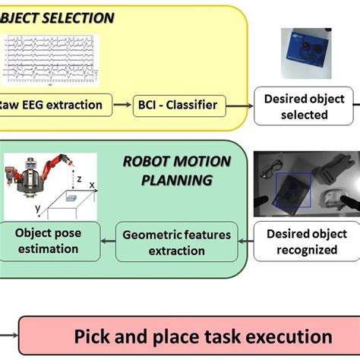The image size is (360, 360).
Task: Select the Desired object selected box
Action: pyautogui.click(x=304, y=107)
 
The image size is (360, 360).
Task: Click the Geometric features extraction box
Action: pyautogui.click(x=176, y=242)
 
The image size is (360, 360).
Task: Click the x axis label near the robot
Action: pyautogui.click(x=92, y=185)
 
